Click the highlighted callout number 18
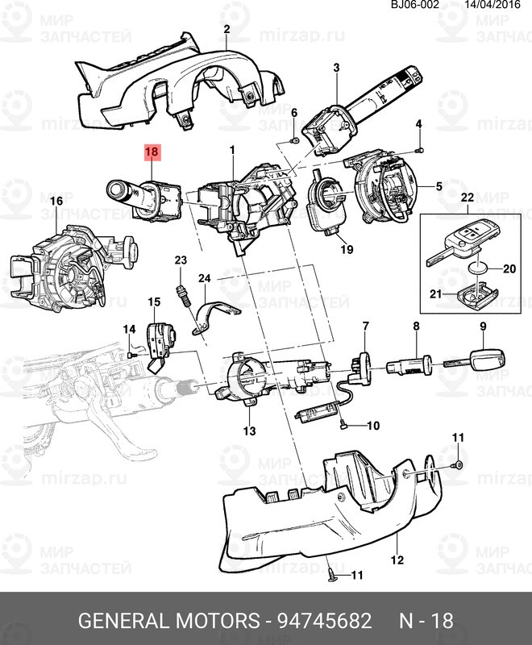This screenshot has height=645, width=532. [x=152, y=151]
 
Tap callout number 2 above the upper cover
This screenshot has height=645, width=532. [x=227, y=30]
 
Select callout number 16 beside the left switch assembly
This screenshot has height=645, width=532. [x=56, y=201]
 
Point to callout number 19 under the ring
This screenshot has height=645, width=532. [x=347, y=250]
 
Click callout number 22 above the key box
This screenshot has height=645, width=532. [x=468, y=198]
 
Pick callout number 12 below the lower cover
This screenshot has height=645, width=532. [x=397, y=560]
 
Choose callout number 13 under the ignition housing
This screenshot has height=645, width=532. [x=249, y=431]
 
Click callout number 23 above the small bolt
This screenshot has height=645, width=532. [x=181, y=260]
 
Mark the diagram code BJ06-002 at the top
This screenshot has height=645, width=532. [x=416, y=5]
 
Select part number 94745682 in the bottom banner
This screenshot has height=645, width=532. [x=324, y=622]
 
